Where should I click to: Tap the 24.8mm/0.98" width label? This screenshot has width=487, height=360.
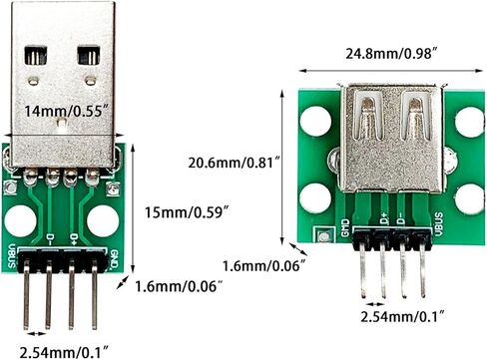pyautogui.click(x=387, y=53)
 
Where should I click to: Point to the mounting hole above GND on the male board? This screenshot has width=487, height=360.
pyautogui.click(x=103, y=220)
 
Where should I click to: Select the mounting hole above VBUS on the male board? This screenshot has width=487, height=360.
pyautogui.click(x=23, y=220)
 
